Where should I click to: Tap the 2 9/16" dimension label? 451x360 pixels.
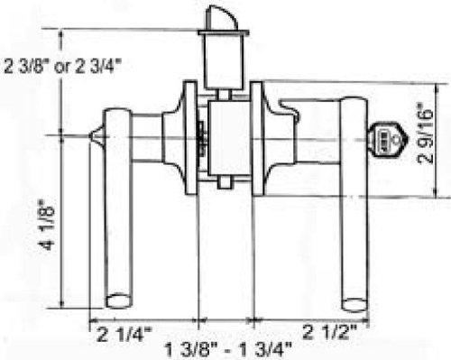tap(426, 134)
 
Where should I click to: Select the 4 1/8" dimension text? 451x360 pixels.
tap(47, 225)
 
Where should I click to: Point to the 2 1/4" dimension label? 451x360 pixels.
tap(124, 334)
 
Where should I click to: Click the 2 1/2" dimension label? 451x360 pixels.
tap(329, 332)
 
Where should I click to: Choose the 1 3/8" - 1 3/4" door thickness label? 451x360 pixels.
tap(228, 350)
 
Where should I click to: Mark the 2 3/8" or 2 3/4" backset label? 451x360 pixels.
tap(62, 66)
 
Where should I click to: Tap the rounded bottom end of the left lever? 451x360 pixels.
tap(119, 301)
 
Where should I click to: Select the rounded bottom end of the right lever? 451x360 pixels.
tap(354, 305)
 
